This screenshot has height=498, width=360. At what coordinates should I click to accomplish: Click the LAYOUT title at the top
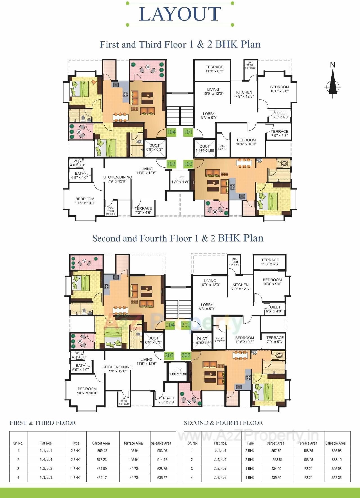(x=180, y=14)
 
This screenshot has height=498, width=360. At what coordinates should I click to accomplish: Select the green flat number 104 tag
(x=171, y=132)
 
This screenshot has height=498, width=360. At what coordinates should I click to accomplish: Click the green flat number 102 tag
(x=188, y=164)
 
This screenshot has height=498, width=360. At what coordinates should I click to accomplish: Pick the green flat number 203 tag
(x=169, y=355)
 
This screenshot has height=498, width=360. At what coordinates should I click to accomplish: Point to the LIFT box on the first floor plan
(x=180, y=180)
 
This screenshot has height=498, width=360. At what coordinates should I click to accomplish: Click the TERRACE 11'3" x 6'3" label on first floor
(x=214, y=69)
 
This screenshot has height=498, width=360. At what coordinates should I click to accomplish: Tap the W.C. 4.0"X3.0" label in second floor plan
(x=79, y=355)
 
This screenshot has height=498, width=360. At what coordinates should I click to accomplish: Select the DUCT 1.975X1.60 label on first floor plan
(x=204, y=148)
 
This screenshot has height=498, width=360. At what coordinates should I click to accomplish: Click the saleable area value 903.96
(x=162, y=451)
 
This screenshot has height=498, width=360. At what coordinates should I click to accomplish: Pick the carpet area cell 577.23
(x=101, y=460)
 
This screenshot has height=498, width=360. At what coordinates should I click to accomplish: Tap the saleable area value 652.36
(x=336, y=478)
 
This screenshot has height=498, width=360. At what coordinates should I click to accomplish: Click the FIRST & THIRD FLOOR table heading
(x=42, y=423)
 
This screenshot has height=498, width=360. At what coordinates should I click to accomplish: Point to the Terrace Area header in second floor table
(x=307, y=443)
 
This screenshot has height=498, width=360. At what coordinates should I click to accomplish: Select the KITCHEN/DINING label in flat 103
(x=117, y=179)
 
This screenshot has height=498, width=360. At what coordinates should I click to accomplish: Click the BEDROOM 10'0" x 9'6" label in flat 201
(x=272, y=282)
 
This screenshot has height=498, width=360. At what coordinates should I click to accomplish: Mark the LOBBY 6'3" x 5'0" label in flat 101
(x=209, y=116)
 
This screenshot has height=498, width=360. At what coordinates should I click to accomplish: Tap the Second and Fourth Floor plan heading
(x=178, y=238)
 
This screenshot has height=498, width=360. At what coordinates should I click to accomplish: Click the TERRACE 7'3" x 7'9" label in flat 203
(x=167, y=400)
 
